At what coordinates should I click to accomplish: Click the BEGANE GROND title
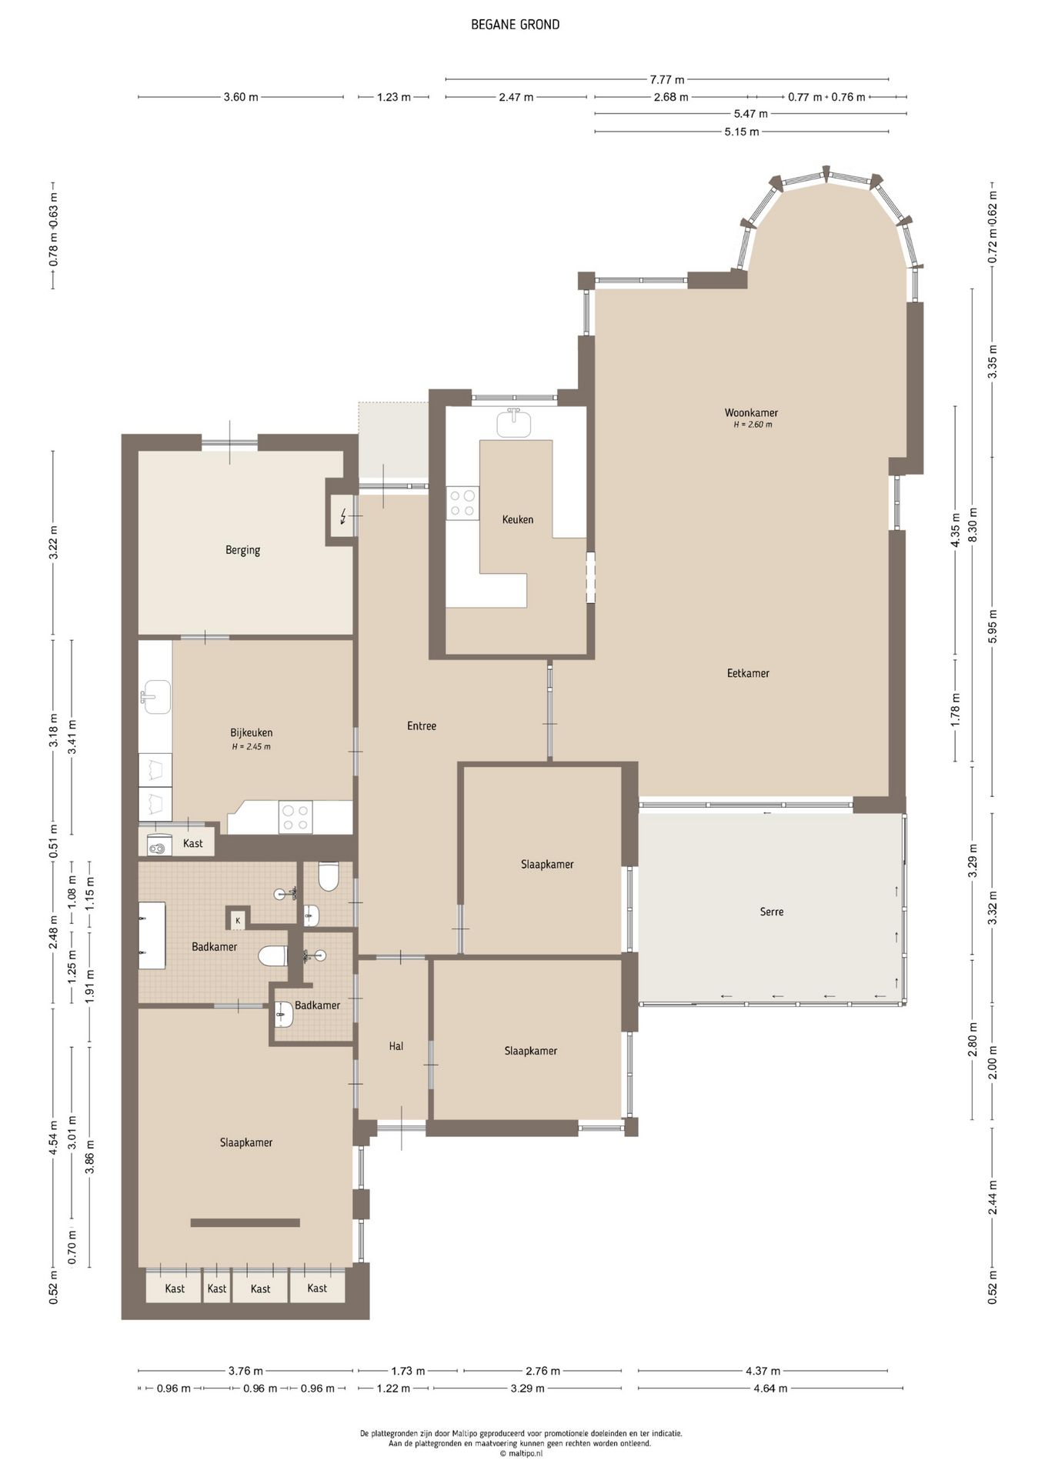pos(515,25)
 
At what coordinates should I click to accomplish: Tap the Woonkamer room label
pos(751,412)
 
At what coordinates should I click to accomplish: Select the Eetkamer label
pos(748,673)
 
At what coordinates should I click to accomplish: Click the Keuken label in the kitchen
pos(517,519)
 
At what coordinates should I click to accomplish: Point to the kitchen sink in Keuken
pos(514,423)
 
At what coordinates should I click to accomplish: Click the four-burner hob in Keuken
pos(463,503)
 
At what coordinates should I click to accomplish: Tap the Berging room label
pos(242,550)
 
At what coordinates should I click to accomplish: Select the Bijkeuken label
pos(251,732)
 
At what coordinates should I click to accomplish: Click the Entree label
pos(422,725)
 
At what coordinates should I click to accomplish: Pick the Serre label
pos(772,912)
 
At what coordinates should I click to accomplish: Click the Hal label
pos(396,1046)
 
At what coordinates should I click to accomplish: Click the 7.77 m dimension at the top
pos(667,79)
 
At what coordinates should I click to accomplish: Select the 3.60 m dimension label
pos(241,97)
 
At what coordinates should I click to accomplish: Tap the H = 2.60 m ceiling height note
pos(753,425)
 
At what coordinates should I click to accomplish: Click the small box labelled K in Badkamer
pos(238,919)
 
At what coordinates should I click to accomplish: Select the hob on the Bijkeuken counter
pos(296,817)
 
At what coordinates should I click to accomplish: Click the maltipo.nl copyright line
pos(521,1454)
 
